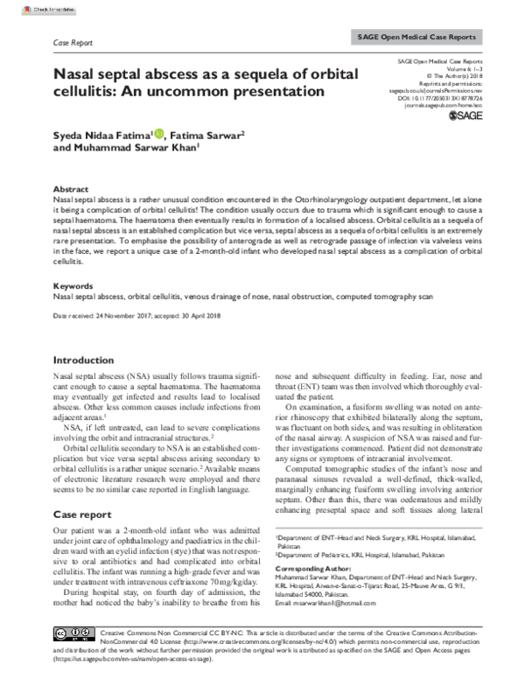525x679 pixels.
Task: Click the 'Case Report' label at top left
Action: (74, 42)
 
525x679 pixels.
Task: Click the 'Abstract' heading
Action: (71, 189)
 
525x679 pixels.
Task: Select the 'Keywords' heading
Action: (73, 285)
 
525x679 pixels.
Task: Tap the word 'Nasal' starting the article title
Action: (79, 73)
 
